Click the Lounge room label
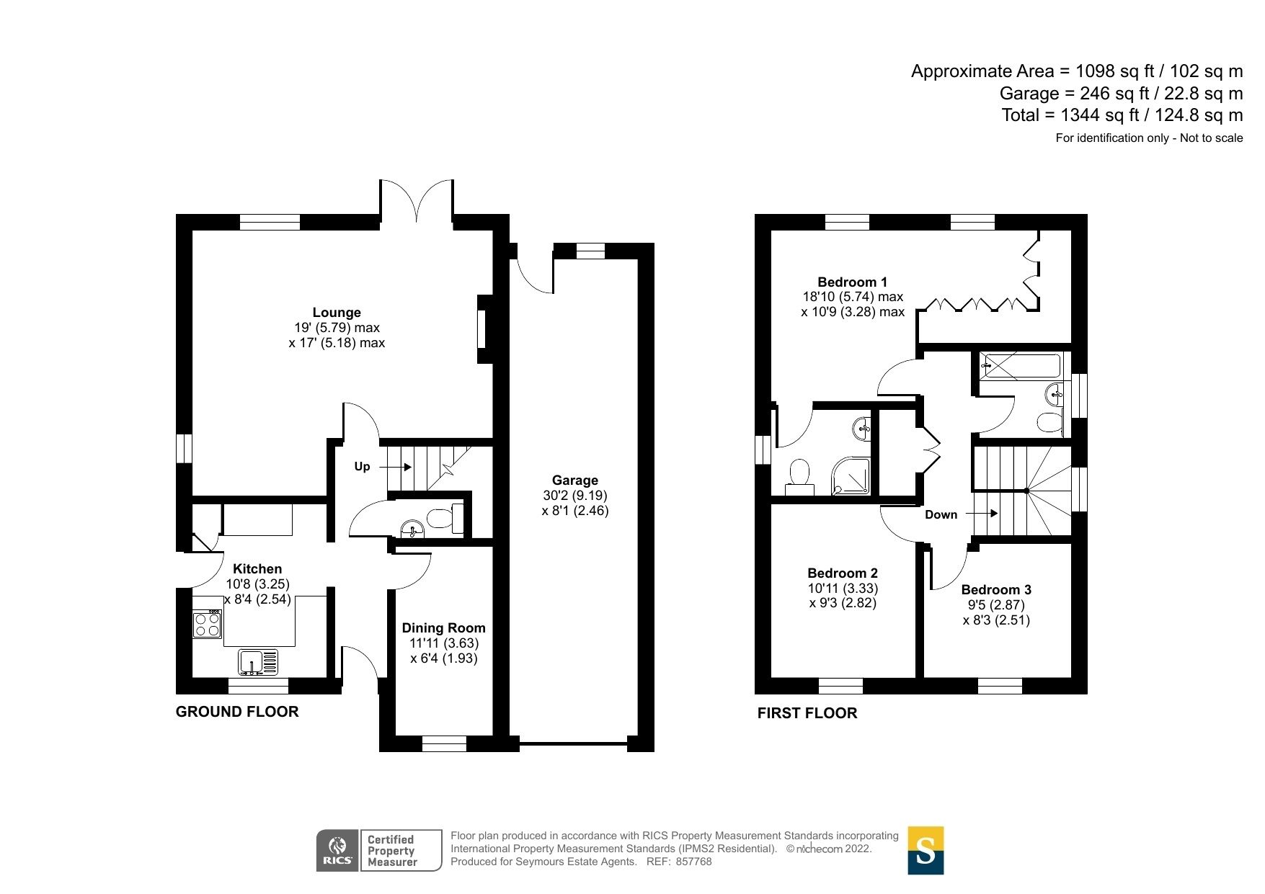tap(337, 313)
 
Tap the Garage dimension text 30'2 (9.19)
tap(574, 496)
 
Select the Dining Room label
tap(443, 628)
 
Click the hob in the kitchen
tap(207, 624)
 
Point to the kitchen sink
tap(257, 661)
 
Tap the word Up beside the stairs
tap(362, 467)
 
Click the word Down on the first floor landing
tap(941, 514)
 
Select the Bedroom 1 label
tap(852, 282)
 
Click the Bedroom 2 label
tap(842, 573)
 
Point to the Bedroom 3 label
tap(995, 590)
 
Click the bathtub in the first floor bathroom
tap(1021, 366)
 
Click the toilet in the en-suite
tap(799, 477)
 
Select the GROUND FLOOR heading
tap(236, 712)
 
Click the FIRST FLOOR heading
tap(807, 713)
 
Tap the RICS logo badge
tap(337, 850)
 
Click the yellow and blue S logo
tap(925, 850)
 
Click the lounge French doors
tap(417, 202)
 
